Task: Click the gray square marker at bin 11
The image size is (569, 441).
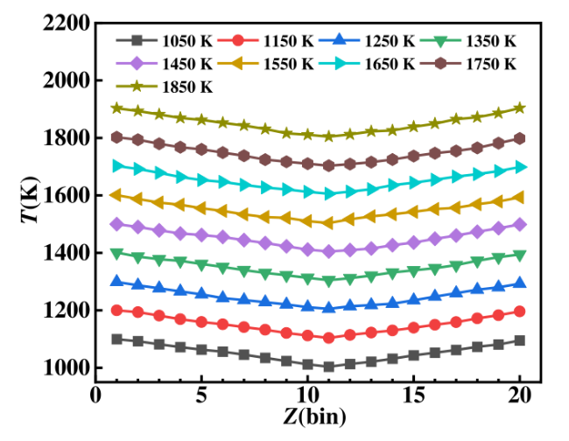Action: click(x=329, y=367)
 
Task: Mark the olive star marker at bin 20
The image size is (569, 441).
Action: click(x=520, y=108)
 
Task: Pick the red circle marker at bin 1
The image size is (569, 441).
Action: click(x=117, y=310)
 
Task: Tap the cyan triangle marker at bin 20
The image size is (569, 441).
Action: click(x=520, y=166)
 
